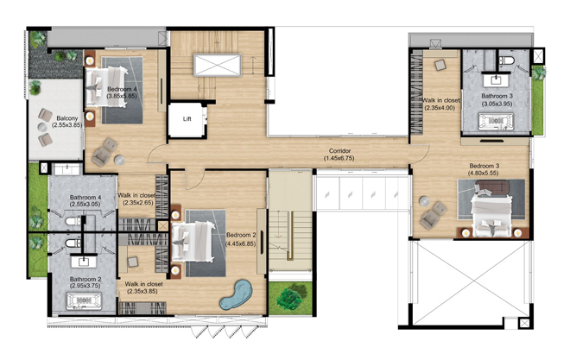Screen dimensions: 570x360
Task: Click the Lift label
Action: [x=187, y=119]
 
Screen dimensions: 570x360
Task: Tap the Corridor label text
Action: [x=339, y=151]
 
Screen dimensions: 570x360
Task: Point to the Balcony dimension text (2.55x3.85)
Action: [x=66, y=125]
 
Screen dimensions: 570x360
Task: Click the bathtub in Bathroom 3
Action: [x=496, y=122]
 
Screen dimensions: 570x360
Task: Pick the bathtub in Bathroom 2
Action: [x=84, y=301]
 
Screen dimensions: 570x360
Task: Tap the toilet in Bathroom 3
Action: [x=505, y=60]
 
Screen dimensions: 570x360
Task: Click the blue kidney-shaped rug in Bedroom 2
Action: [x=237, y=294]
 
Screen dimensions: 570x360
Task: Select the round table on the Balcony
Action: [x=42, y=127]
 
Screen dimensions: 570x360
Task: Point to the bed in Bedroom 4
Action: [x=107, y=87]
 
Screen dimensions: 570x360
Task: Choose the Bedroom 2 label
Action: [x=241, y=235]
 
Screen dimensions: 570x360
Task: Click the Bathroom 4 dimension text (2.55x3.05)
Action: [x=85, y=204]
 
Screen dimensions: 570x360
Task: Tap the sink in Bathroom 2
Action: [x=84, y=262]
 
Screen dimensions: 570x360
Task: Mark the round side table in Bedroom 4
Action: [x=119, y=160]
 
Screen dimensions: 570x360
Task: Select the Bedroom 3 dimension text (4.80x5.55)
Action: [x=483, y=173]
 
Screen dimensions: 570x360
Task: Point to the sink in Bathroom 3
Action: [x=496, y=79]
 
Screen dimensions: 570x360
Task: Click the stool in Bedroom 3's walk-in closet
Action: [x=440, y=65]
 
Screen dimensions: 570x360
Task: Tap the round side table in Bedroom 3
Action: [x=424, y=201]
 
